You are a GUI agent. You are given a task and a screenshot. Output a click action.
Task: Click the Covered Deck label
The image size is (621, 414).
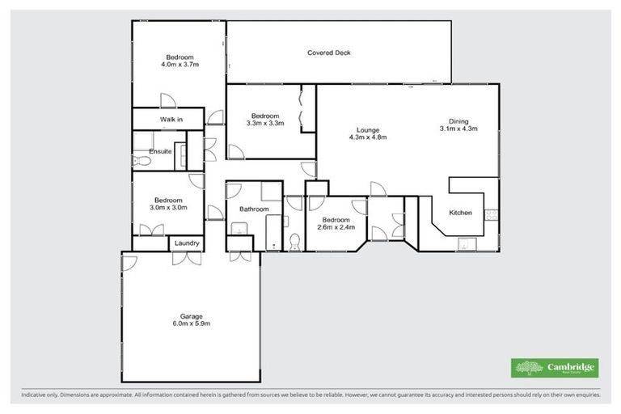click(328, 53)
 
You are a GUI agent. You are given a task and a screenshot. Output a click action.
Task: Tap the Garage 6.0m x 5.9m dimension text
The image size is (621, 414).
click(190, 323)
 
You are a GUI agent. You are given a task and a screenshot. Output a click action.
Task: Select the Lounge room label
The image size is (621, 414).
click(368, 129)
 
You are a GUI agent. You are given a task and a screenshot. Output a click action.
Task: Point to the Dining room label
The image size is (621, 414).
click(458, 120)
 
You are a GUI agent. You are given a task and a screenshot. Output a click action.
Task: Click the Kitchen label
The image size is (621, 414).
click(460, 213)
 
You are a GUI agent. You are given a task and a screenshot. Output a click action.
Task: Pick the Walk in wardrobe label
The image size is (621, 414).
click(171, 120)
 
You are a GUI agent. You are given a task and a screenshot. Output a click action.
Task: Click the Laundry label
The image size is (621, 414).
click(186, 243)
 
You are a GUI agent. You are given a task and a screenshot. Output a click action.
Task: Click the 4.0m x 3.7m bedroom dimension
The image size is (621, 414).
click(180, 64)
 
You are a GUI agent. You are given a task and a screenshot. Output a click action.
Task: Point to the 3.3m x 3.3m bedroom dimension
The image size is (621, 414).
click(264, 123)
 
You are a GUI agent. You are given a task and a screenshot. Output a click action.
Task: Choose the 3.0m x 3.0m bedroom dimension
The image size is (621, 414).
click(168, 208)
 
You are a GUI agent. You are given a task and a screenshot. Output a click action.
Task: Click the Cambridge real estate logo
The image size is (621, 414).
click(556, 367)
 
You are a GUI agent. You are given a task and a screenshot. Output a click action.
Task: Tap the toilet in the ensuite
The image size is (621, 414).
click(142, 161)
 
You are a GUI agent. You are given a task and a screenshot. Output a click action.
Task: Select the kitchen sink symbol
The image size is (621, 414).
click(464, 243)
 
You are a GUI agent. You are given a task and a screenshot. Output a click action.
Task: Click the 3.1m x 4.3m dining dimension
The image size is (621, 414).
click(458, 129)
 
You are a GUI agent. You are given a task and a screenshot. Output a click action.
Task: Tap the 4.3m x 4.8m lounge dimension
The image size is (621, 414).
click(368, 137)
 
